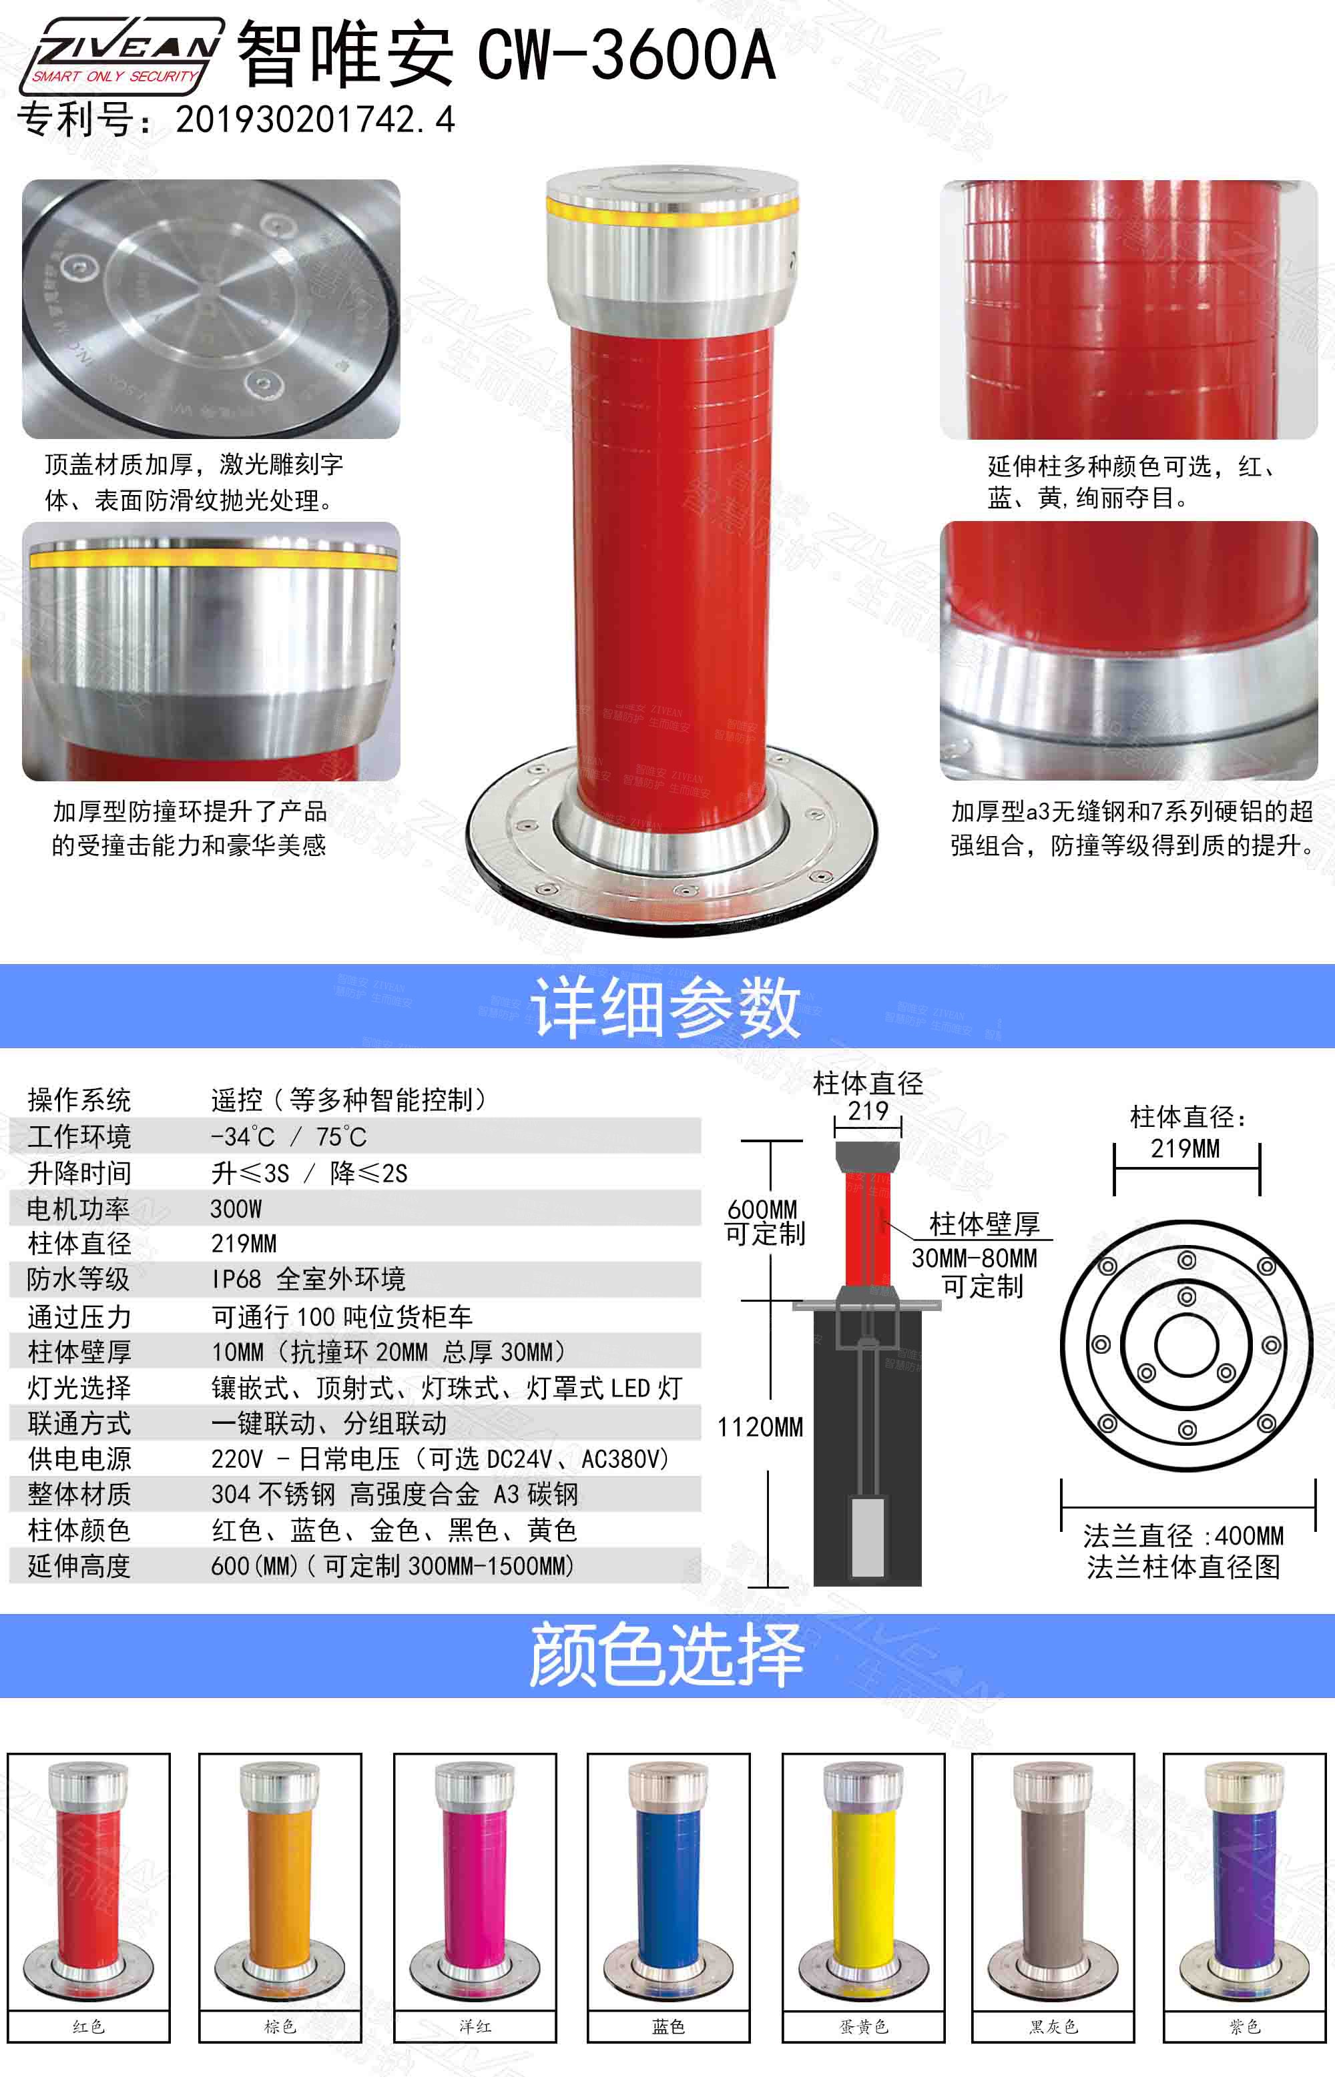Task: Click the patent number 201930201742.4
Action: pyautogui.click(x=314, y=119)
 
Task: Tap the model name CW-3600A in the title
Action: pyautogui.click(x=627, y=54)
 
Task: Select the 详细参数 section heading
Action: pyautogui.click(x=665, y=1006)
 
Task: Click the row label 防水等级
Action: pyautogui.click(x=78, y=1279)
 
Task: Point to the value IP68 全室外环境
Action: pyautogui.click(x=308, y=1279)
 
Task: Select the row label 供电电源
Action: pyautogui.click(x=79, y=1459)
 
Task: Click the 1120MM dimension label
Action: pyautogui.click(x=760, y=1427)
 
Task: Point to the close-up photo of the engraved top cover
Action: pyautogui.click(x=211, y=308)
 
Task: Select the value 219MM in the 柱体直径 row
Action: pyautogui.click(x=244, y=1244)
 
